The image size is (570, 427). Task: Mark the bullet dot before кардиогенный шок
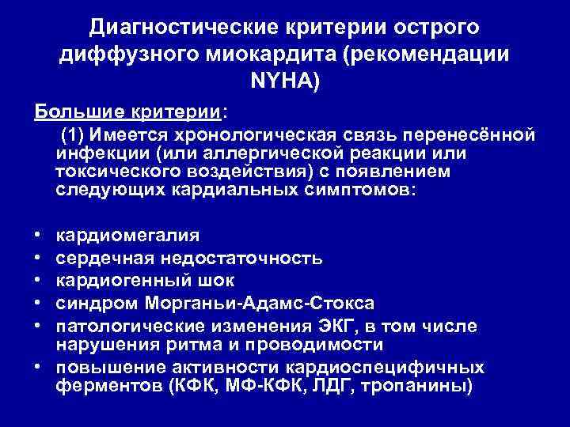point(38,280)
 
